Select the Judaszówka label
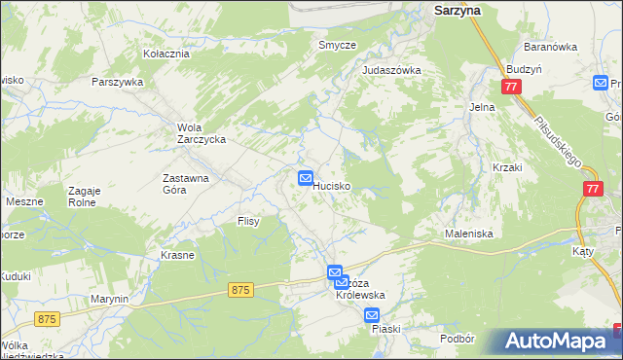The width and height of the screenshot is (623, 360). (x=390, y=70)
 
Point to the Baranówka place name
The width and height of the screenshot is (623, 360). (x=551, y=47)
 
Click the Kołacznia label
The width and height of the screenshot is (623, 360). (x=165, y=54)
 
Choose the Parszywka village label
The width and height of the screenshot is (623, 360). (x=118, y=82)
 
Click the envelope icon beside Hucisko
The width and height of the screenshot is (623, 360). (x=305, y=178)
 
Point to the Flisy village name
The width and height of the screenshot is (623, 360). (x=248, y=222)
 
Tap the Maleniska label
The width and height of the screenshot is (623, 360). (x=469, y=234)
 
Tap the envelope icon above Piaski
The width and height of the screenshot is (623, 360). (x=372, y=315)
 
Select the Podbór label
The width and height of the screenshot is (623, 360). (x=457, y=338)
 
